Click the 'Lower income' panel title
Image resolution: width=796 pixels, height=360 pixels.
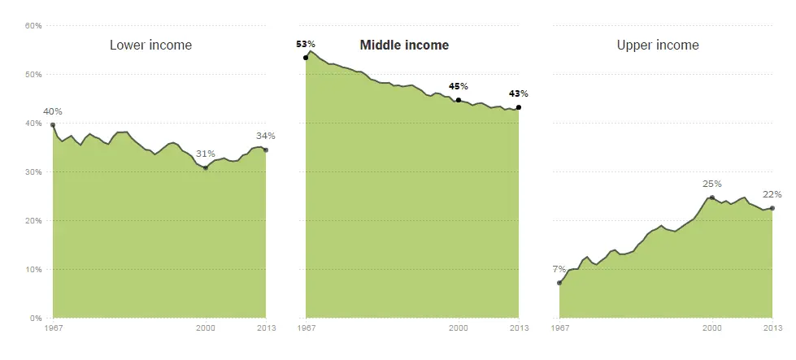point(150,46)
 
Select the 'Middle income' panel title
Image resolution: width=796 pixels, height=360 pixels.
point(404,46)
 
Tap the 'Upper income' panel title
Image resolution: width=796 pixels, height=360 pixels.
point(658,46)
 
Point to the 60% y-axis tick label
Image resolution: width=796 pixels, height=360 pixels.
point(33,26)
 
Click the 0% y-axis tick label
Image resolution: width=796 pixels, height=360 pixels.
point(36,319)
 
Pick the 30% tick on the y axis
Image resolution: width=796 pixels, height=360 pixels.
point(33,172)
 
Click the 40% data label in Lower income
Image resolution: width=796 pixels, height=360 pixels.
point(53,111)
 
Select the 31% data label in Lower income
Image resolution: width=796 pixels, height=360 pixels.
point(206,154)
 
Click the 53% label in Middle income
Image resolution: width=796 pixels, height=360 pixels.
point(306,44)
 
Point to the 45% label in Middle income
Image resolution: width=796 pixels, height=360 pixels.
point(459,86)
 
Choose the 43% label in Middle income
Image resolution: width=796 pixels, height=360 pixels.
point(519,94)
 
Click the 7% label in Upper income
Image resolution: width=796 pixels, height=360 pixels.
point(559,269)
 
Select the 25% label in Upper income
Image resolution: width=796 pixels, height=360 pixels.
point(712,184)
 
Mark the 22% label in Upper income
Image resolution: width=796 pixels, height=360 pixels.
point(772,194)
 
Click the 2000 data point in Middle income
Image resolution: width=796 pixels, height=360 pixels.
point(459,100)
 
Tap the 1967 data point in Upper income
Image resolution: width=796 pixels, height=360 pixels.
point(559,283)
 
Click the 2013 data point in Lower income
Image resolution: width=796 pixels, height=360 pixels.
point(266,150)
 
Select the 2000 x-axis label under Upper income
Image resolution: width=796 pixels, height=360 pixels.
point(712,328)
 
